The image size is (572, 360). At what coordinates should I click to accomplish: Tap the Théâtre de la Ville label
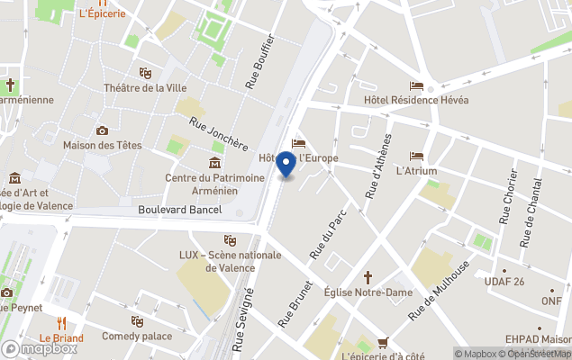click(x=146, y=87)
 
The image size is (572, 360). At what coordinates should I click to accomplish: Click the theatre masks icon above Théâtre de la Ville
click(x=145, y=72)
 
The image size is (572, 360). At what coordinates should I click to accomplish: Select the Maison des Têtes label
click(x=101, y=145)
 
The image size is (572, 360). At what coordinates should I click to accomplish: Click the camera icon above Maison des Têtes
click(x=102, y=130)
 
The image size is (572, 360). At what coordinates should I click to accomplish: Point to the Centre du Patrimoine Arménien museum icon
click(x=214, y=162)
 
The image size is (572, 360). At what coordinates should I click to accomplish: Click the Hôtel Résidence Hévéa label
click(x=416, y=100)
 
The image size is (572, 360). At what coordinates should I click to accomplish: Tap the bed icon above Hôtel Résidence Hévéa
click(x=416, y=85)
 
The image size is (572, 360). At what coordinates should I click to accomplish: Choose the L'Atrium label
click(x=416, y=171)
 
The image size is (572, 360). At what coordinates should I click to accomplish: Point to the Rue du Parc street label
click(x=322, y=236)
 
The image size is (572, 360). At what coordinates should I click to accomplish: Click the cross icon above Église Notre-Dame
click(x=368, y=277)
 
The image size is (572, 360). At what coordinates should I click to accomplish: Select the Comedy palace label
click(x=137, y=336)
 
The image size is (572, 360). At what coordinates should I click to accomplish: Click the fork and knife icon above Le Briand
click(x=61, y=323)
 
